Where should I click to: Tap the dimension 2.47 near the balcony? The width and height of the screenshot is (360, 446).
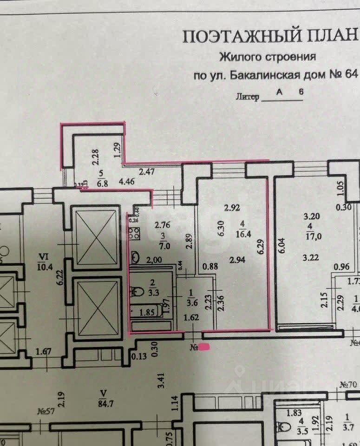click(147, 172)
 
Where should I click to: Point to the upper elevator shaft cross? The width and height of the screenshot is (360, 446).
click(95, 231)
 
